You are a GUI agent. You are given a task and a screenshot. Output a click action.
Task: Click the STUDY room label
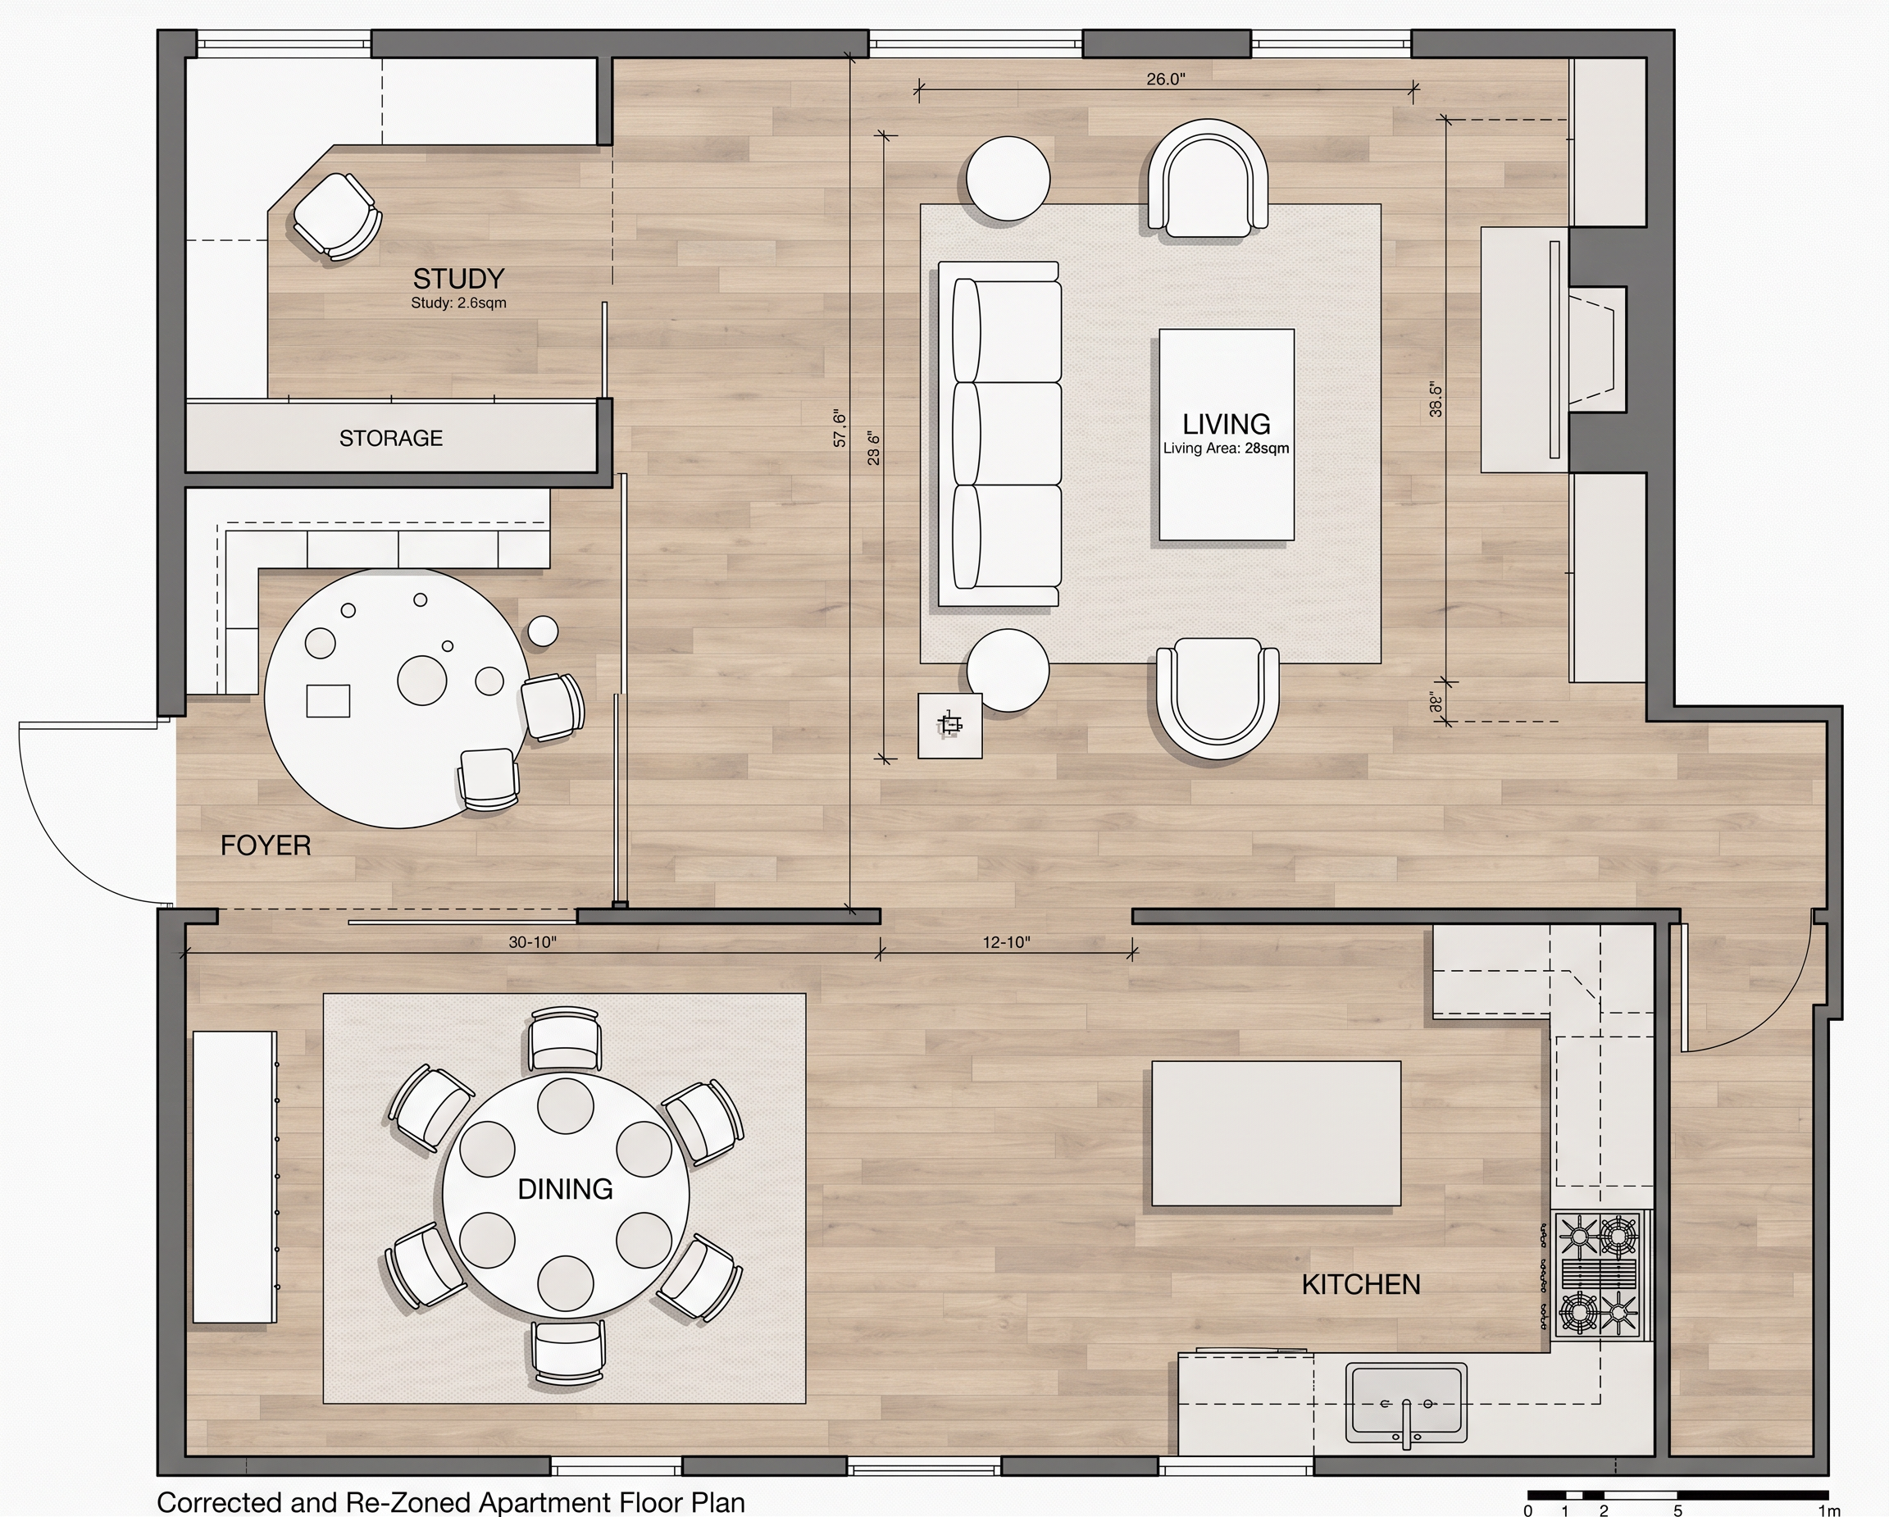coord(458,279)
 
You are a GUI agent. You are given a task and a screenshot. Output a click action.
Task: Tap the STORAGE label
coord(391,438)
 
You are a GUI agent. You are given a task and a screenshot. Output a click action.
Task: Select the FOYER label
coord(266,845)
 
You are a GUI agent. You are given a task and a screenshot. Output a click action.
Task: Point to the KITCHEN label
coord(1361,1285)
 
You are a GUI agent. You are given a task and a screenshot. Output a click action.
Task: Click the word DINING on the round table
coord(565,1189)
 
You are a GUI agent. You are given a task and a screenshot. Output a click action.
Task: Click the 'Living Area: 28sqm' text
coord(1226,449)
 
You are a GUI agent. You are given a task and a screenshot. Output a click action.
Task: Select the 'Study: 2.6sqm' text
coord(458,303)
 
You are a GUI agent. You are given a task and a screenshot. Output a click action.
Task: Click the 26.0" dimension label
coord(1165,79)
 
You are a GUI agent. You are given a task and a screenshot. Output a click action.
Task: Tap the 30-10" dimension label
coord(533,942)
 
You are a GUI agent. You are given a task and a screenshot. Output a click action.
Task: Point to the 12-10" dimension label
coord(1006,942)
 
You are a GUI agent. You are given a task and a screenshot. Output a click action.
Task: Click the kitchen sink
coord(1406,1403)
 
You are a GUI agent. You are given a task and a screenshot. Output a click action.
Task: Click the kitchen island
coord(1276,1134)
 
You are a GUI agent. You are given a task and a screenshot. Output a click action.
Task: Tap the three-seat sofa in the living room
coord(999,434)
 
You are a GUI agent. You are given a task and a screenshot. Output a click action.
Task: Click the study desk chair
coord(337,216)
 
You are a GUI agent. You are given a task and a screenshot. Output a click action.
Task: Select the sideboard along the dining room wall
coord(234,1177)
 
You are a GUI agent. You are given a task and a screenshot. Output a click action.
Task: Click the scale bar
coord(1677,1495)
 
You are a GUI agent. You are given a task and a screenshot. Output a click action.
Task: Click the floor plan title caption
coord(451,1502)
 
